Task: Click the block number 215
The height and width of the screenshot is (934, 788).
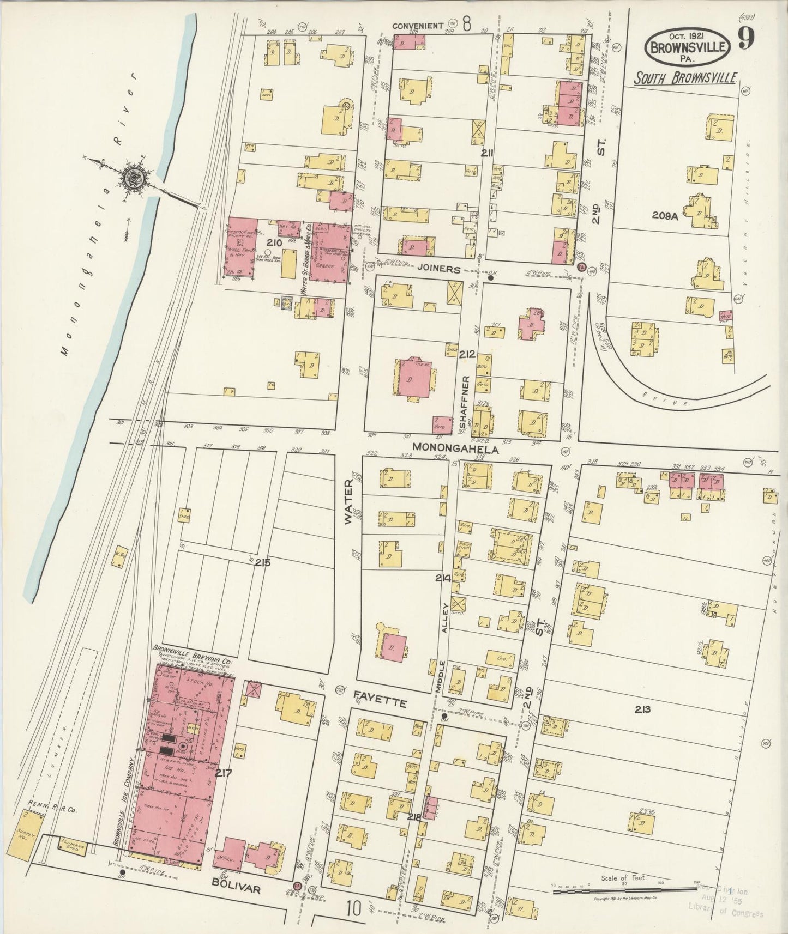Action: pyautogui.click(x=264, y=562)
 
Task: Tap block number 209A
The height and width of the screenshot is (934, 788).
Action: pyautogui.click(x=665, y=216)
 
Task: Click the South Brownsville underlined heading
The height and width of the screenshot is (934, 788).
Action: pyautogui.click(x=685, y=78)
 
